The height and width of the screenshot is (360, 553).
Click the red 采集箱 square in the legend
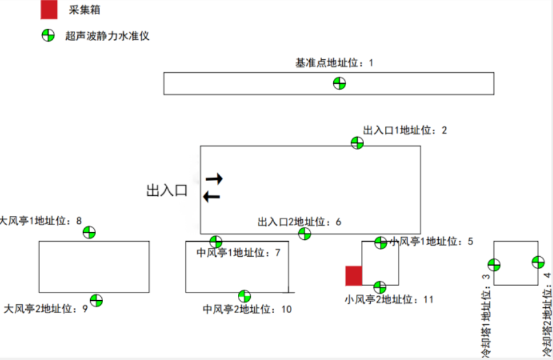[49, 9]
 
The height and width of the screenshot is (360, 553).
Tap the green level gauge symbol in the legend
[48, 36]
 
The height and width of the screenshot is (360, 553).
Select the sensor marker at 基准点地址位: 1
[339, 83]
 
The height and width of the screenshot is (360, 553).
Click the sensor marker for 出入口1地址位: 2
[357, 142]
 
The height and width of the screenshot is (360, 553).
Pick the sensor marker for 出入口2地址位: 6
[304, 234]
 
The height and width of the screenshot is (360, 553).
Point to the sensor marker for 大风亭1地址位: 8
[89, 232]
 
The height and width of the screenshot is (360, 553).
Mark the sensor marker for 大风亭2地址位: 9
[97, 300]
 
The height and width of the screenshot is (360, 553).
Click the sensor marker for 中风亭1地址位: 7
[216, 242]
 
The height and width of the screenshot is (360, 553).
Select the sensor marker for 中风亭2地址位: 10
[244, 296]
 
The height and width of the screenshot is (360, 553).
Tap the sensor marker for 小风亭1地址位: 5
[381, 242]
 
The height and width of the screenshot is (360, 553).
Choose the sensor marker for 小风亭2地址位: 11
[380, 287]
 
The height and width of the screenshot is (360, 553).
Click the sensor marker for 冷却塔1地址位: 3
[494, 265]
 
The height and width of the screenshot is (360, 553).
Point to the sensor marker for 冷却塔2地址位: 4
[538, 262]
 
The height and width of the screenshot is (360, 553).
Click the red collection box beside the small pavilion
[354, 276]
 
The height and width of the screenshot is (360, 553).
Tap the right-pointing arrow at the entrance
[214, 178]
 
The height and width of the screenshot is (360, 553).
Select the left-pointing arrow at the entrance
[211, 196]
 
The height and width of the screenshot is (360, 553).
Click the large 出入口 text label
[166, 190]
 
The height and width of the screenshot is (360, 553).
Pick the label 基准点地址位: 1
[334, 62]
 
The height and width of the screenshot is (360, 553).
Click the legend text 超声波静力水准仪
[108, 36]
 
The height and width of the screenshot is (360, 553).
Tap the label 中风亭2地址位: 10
[247, 309]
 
